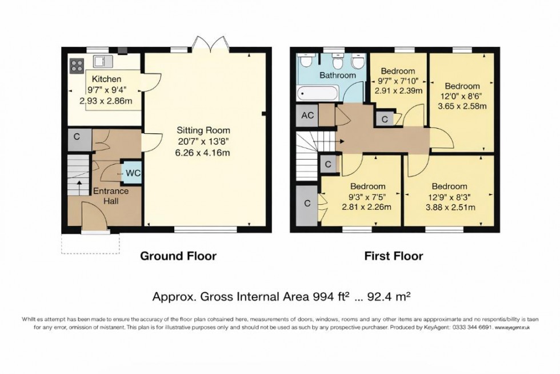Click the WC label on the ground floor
[x=133, y=173]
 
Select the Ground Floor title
[x=178, y=256]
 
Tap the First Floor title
[x=394, y=256]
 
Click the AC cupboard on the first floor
[x=307, y=115]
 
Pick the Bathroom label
[x=338, y=75]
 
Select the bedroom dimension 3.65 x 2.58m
[x=462, y=106]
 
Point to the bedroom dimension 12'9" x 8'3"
[x=449, y=197]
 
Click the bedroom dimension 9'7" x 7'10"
[x=398, y=81]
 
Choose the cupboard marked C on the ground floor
[x=77, y=138]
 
